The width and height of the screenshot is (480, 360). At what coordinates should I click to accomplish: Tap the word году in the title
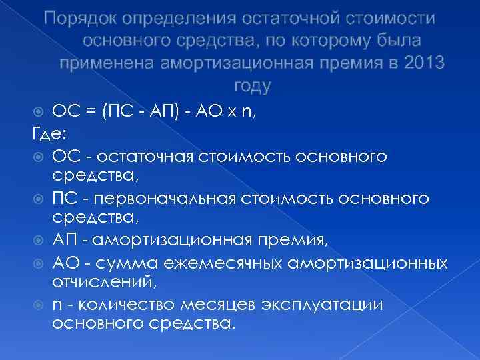click(x=253, y=85)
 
